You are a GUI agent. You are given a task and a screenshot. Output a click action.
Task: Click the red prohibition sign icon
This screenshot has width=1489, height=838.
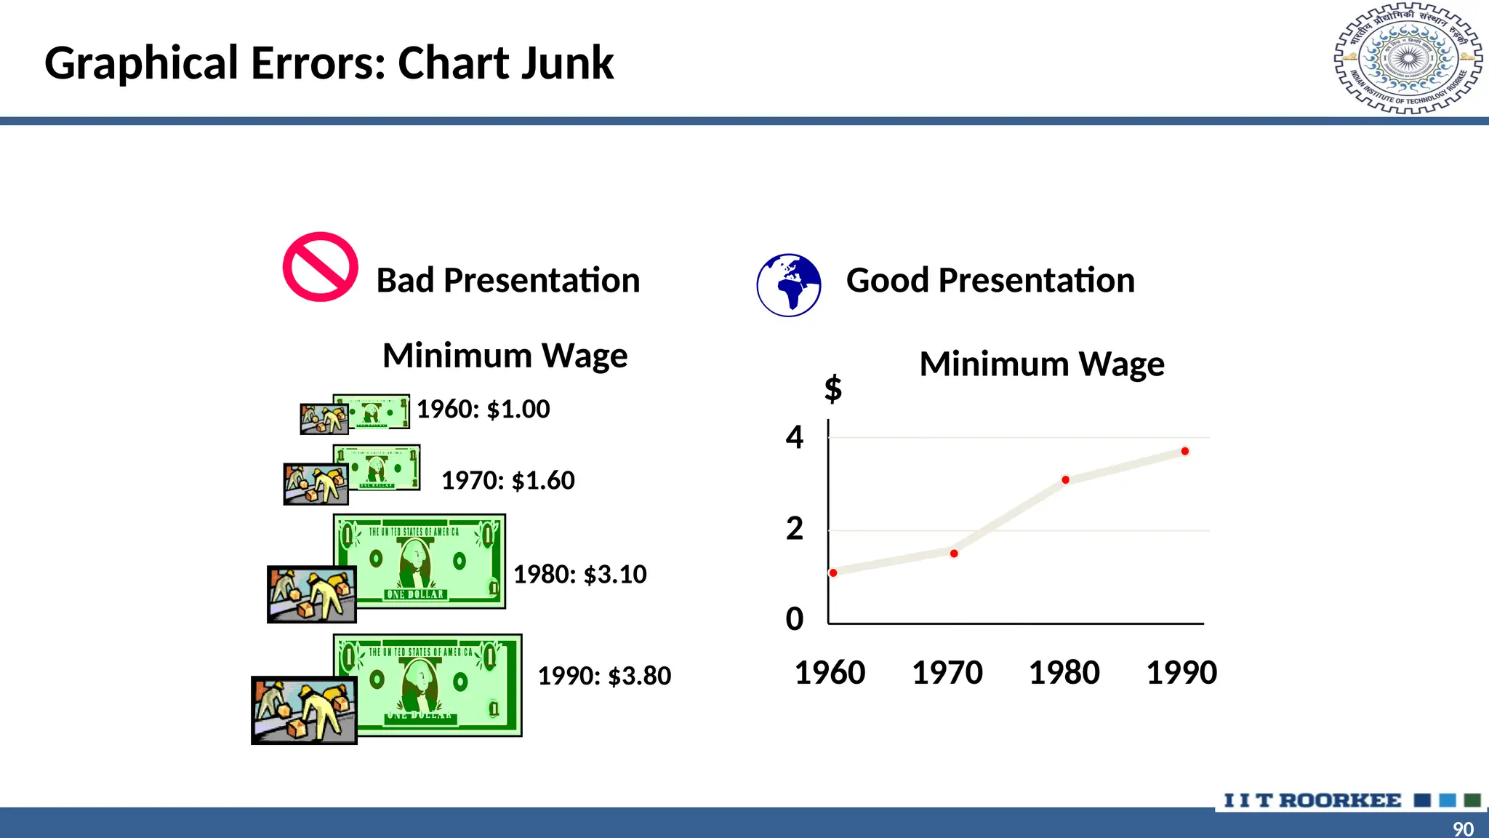pos(320,267)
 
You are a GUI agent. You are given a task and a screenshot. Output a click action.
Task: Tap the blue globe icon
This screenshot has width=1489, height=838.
pos(789,285)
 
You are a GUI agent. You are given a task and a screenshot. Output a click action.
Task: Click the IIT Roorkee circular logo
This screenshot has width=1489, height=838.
pos(1408,59)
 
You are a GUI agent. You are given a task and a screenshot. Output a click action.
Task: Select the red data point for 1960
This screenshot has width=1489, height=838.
pos(833,573)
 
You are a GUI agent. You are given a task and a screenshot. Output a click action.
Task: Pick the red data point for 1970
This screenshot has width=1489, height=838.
pos(954,554)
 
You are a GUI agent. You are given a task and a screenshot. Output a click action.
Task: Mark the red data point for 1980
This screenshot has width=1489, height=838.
pos(1065,480)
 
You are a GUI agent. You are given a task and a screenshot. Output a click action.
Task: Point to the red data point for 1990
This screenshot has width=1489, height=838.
pos(1185,452)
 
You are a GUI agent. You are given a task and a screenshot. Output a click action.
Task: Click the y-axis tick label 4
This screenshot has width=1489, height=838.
pos(795,437)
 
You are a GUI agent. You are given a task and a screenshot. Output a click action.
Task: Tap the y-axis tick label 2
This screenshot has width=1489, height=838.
pos(795,529)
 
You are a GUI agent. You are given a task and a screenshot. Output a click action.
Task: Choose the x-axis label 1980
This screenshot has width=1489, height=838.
pos(1064,673)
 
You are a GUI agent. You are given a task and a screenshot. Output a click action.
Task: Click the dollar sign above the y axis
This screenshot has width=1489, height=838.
pos(833,388)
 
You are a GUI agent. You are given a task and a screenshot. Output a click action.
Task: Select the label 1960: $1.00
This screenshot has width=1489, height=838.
pos(483,410)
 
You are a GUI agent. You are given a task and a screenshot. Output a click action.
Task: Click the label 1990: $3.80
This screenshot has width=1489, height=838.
pos(604,677)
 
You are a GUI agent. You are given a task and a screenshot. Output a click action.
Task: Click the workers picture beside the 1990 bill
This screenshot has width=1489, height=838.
pos(304,710)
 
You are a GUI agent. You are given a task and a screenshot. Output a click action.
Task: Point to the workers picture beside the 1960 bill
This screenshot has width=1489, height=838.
pos(324,420)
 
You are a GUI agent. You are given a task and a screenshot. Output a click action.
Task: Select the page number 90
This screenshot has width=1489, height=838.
pos(1463,829)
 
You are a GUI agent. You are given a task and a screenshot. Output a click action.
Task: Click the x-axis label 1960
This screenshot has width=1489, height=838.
pos(830,673)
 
